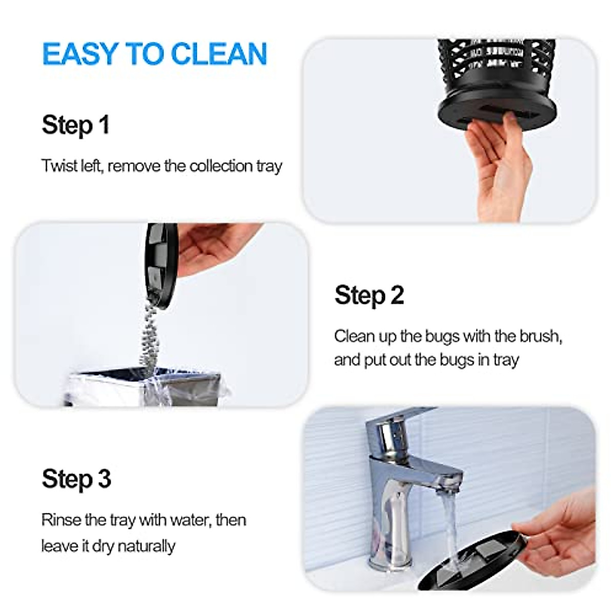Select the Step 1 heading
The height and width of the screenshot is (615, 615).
point(75,125)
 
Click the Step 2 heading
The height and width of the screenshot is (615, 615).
point(369,295)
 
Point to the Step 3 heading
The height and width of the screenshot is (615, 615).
point(76,479)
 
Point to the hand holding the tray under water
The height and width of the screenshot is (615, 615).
point(559,538)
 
